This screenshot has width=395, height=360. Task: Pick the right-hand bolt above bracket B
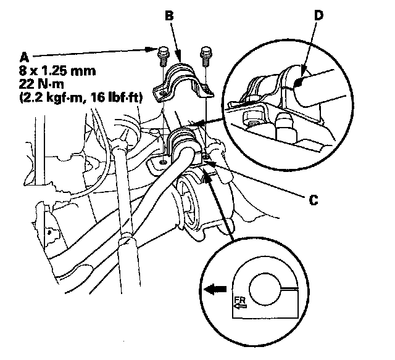(x=205, y=52)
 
